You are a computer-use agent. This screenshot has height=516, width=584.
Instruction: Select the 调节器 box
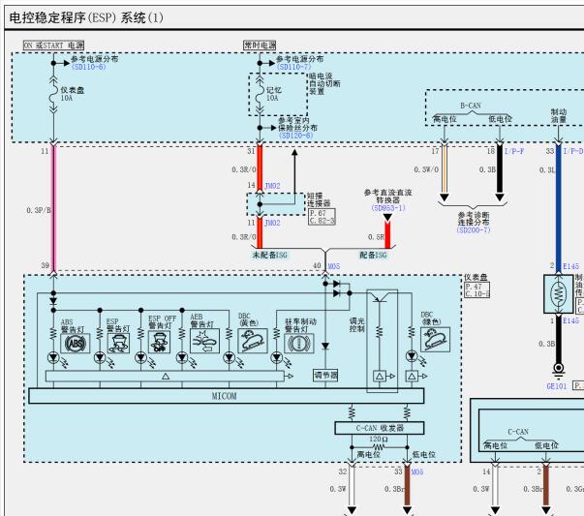click(x=325, y=374)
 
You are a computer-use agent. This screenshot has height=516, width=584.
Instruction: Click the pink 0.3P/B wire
click(x=53, y=208)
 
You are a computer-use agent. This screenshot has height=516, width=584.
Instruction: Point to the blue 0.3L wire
click(x=558, y=208)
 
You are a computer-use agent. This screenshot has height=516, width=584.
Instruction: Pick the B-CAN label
click(x=470, y=104)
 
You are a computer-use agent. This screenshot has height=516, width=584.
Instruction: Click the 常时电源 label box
click(x=260, y=45)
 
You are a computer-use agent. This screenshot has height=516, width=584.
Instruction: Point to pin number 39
click(x=44, y=264)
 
